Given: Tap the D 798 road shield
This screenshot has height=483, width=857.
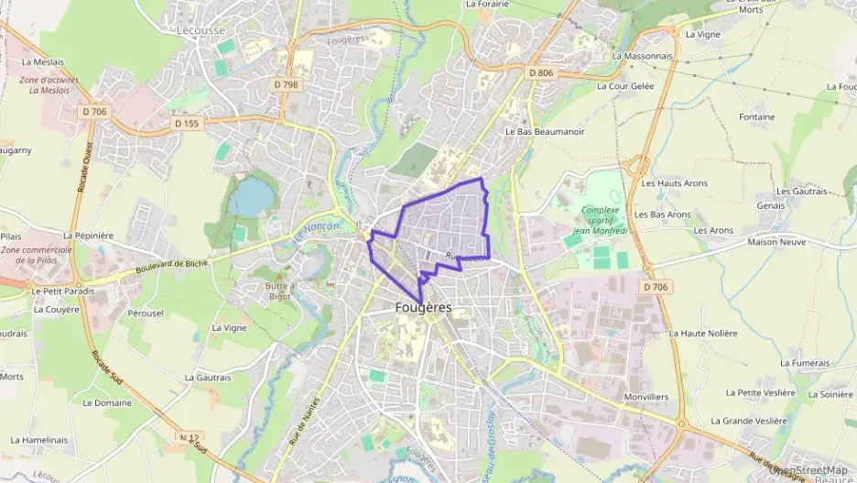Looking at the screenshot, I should coord(287,85).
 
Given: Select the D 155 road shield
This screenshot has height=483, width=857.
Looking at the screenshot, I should coord(186,122).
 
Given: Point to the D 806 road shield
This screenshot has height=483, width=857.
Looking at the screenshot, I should coord(541,72).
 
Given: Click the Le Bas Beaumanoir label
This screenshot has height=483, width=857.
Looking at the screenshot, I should coord(545,131).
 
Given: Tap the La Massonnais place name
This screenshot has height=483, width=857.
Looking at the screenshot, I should coord(642,56).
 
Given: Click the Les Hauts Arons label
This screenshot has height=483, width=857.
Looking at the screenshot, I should coord(675,183).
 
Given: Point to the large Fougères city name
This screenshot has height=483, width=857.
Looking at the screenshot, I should coord(424,307).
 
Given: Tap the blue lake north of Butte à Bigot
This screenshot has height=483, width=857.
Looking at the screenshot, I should coord(247,196).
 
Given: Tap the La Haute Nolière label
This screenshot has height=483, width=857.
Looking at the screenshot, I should coord(702,333).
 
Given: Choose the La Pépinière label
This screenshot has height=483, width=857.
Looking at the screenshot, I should coord(89,236).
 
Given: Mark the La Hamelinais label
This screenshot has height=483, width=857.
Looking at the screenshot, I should coord(39,440).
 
